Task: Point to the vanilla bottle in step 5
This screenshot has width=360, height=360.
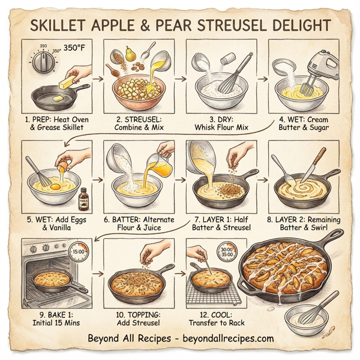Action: (83, 196)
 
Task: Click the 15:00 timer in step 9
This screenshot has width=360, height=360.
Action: (79, 253)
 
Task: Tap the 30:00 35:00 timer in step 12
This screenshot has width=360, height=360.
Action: (226, 254)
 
